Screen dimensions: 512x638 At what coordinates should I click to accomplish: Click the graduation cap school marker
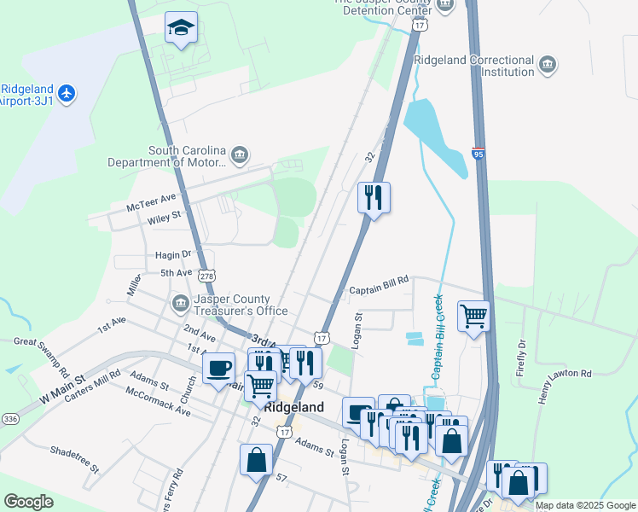point(181,28)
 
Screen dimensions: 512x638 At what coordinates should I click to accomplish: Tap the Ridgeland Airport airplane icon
point(68,92)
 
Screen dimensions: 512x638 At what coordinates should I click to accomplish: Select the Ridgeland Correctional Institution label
point(473,67)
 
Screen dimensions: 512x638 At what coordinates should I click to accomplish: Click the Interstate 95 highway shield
point(478,154)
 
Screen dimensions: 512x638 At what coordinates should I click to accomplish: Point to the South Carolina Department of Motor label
point(166,156)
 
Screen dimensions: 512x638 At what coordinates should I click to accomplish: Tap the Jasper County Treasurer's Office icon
point(180,303)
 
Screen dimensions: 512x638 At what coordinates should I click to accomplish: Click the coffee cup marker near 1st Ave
point(220,369)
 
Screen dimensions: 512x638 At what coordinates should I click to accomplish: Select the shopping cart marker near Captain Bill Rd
point(473,317)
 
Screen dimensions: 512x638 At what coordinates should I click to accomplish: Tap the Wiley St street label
point(165,218)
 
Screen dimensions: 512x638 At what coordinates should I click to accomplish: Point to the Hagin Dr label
point(176,254)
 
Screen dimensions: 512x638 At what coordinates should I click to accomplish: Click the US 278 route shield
point(206,276)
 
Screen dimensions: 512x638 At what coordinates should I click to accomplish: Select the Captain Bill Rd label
point(380,291)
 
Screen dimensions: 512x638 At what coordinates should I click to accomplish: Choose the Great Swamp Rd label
point(42,356)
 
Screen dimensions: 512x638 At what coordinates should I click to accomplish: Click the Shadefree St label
point(75,458)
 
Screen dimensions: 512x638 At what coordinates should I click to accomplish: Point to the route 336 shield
point(10,418)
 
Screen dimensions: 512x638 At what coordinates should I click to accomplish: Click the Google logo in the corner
point(28,501)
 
